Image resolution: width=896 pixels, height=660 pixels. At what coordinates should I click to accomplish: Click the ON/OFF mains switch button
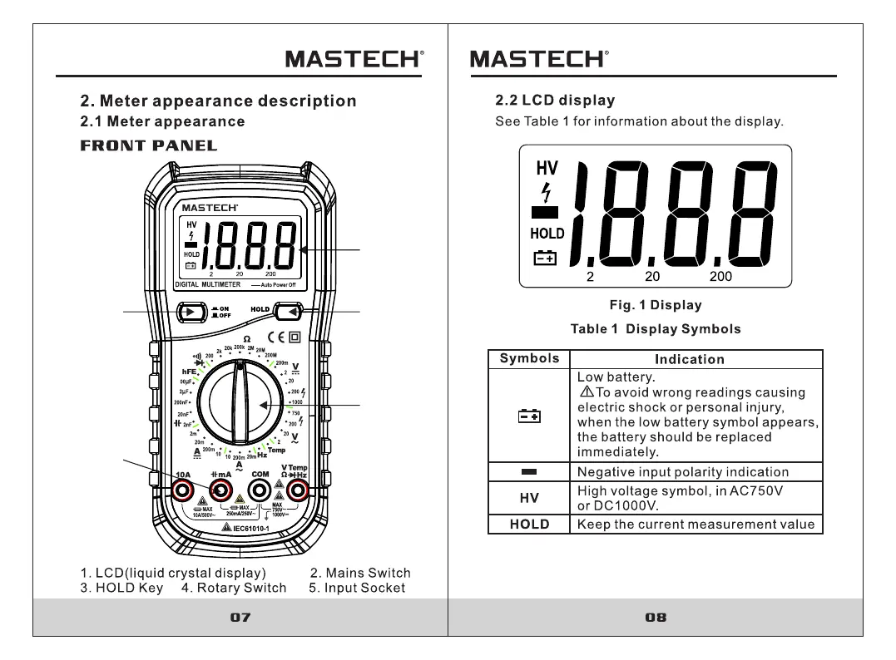click(191, 313)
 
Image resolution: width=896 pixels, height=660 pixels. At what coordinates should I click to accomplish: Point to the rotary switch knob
click(239, 402)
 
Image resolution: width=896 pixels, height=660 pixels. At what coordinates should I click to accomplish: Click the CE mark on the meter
click(275, 337)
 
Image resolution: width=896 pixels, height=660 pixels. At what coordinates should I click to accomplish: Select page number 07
click(240, 618)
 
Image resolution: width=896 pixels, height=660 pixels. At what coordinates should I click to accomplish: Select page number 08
click(656, 618)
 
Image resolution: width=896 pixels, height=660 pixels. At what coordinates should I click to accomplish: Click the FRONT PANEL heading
click(149, 146)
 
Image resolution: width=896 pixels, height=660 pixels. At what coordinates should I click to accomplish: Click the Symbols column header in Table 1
click(529, 358)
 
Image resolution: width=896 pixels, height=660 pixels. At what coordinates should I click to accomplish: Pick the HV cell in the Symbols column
click(529, 498)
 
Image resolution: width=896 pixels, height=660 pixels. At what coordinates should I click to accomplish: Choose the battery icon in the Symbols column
click(529, 416)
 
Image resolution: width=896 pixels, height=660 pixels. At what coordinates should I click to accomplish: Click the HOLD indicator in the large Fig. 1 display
click(547, 234)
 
